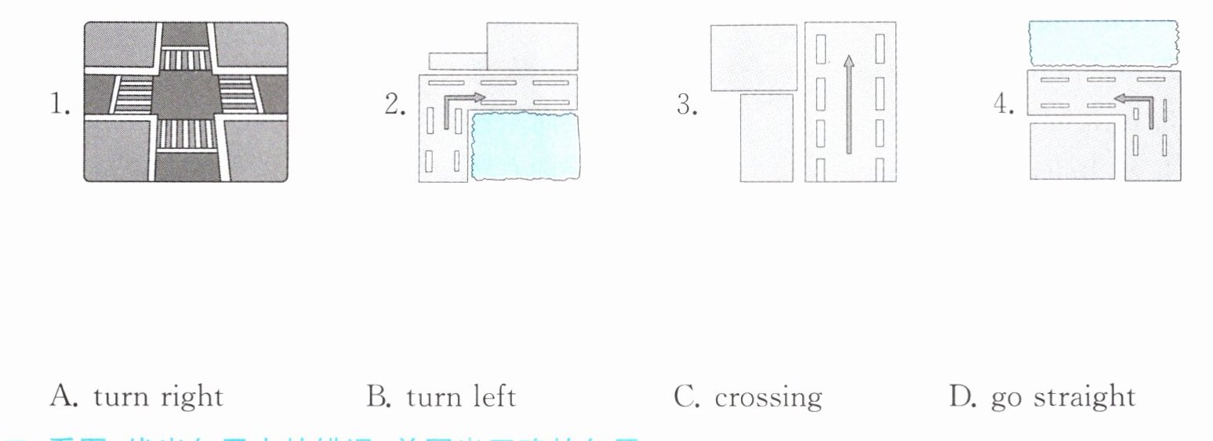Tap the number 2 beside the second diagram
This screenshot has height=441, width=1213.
[x=394, y=104]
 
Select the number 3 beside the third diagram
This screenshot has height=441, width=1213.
[x=686, y=104]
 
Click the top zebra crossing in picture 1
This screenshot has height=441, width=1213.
[x=185, y=59]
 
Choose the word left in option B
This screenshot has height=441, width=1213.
[x=492, y=397]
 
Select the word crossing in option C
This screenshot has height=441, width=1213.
[x=768, y=398]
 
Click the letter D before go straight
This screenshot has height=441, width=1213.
[x=961, y=396]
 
